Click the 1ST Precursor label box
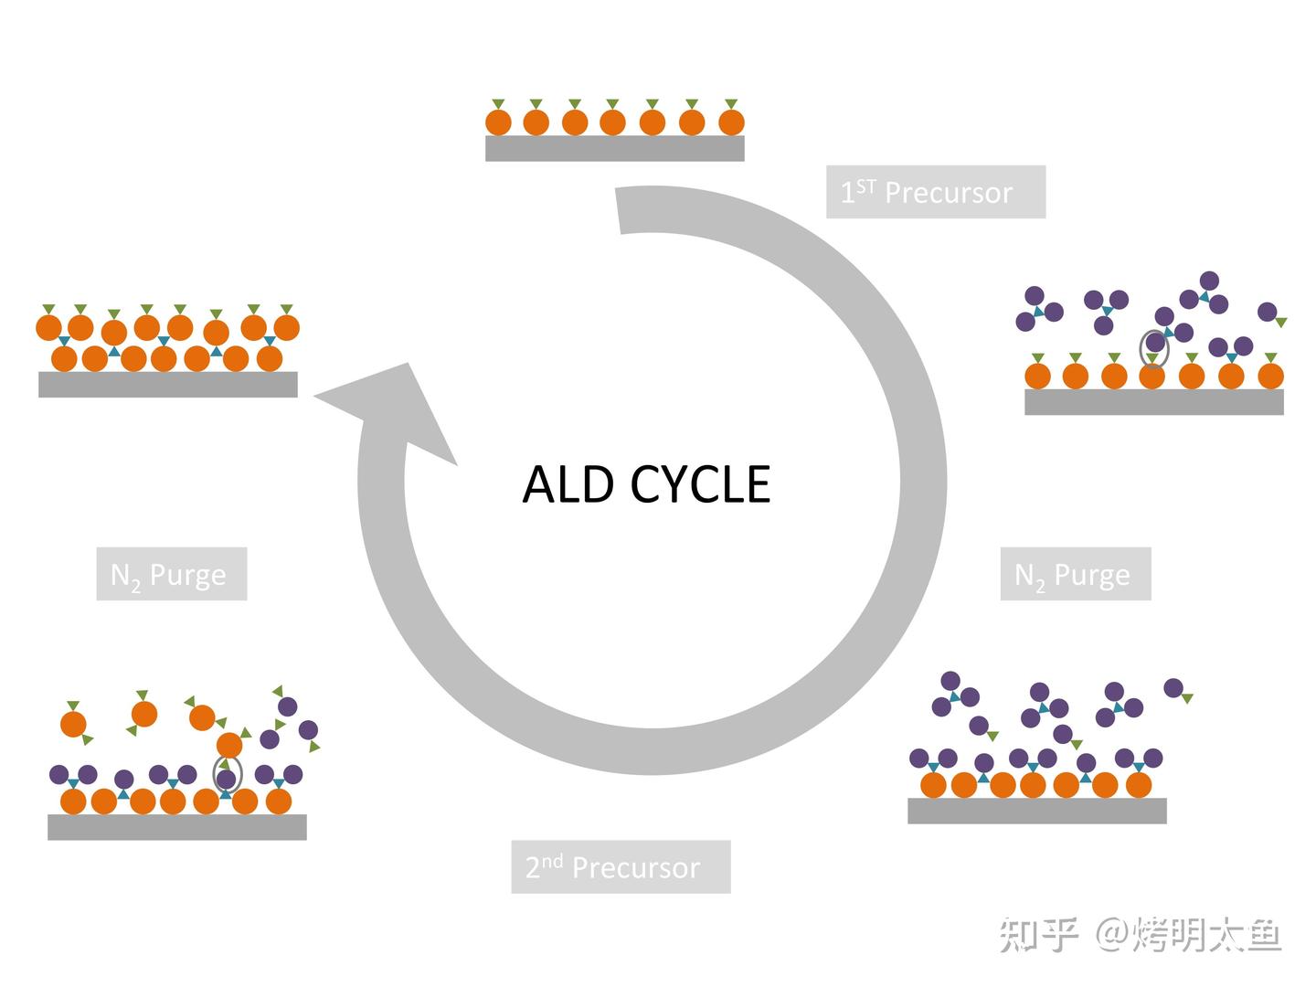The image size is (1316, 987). (x=935, y=192)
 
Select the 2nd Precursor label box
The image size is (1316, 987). (x=621, y=866)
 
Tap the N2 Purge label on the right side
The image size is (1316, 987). (x=1075, y=574)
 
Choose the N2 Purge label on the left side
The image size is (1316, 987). (x=171, y=574)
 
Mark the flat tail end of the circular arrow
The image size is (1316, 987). (x=639, y=210)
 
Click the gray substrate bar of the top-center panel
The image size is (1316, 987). (x=614, y=148)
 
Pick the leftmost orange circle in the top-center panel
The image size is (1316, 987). (x=498, y=122)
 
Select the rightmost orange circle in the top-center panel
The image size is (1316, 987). (x=731, y=122)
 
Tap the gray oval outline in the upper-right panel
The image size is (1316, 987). (x=1154, y=347)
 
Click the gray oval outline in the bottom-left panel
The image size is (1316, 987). (x=227, y=775)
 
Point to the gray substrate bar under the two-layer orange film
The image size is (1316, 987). (x=167, y=384)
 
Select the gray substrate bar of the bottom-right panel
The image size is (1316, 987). (x=1036, y=811)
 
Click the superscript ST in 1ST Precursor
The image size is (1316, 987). (x=865, y=186)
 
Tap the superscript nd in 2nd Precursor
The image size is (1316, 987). (x=552, y=861)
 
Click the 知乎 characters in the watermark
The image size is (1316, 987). (x=1038, y=935)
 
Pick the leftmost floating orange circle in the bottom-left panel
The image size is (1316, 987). (x=73, y=724)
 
